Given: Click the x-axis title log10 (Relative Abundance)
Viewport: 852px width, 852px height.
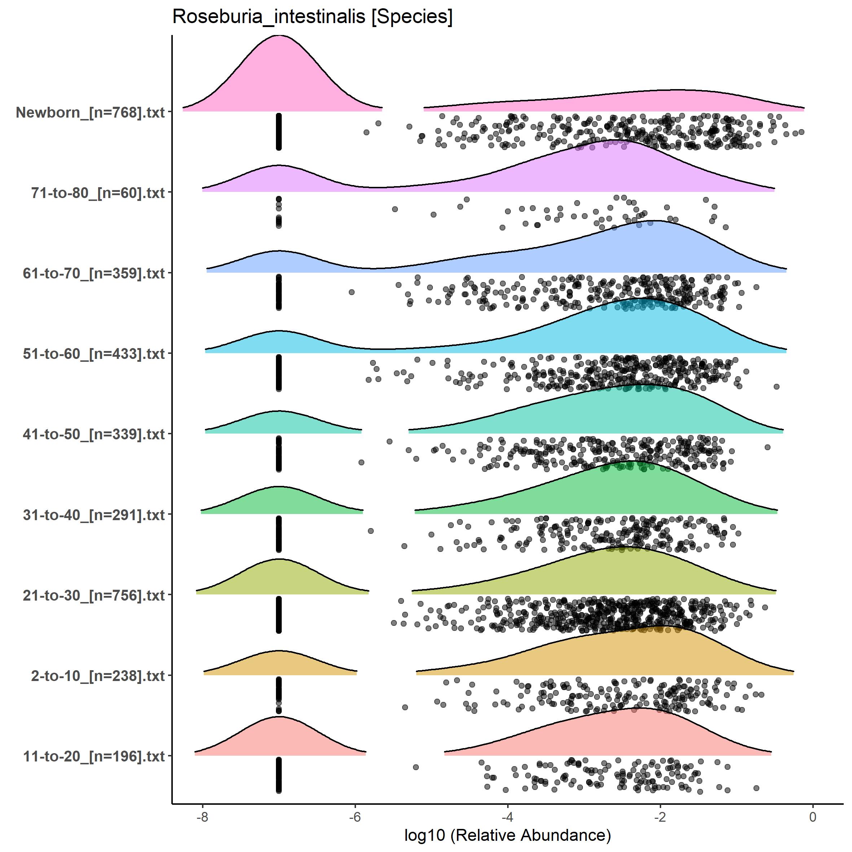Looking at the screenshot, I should (508, 835).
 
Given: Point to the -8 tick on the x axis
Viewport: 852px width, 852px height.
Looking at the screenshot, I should (202, 817).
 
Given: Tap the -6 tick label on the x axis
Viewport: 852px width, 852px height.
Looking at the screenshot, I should (355, 817).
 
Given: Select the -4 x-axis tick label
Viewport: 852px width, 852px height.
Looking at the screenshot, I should (508, 817).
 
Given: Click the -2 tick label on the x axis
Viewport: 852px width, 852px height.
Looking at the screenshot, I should (660, 817).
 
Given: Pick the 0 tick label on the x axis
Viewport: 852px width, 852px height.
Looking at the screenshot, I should (813, 817).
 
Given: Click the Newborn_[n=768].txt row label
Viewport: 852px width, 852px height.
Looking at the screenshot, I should (91, 113).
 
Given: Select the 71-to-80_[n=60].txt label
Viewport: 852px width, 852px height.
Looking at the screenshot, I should (98, 193).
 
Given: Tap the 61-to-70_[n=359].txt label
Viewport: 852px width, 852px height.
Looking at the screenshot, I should (94, 273).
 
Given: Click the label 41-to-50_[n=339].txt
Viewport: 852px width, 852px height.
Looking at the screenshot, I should (94, 434).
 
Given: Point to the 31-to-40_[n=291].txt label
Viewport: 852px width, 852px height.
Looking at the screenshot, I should (94, 515).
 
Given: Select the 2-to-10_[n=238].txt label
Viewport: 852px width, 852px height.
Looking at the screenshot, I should (98, 676).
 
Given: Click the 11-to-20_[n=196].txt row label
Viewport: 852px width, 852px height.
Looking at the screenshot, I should (94, 756).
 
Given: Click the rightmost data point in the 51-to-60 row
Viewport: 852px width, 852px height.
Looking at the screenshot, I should (777, 387).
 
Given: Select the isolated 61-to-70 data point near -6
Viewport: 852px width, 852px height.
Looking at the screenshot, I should (351, 292).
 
